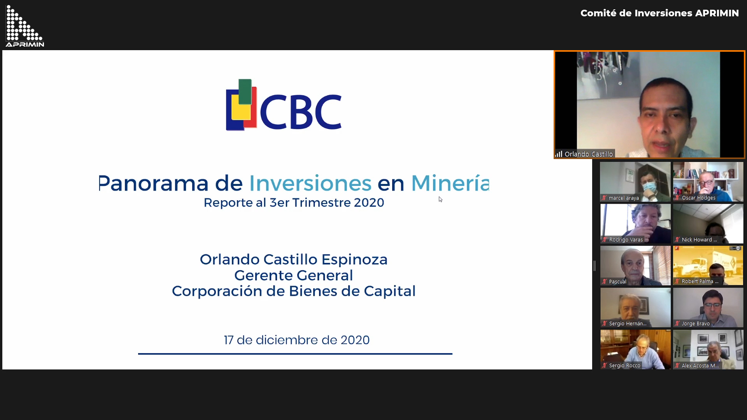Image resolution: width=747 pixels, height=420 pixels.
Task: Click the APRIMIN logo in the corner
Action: pos(25,26)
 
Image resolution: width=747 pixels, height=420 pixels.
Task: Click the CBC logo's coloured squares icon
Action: pos(241,105)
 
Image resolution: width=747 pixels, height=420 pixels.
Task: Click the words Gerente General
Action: pos(294,275)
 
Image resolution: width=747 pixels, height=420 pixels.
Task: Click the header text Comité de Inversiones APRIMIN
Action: pos(659,13)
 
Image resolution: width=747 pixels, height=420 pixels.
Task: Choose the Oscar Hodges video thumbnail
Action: pos(708,182)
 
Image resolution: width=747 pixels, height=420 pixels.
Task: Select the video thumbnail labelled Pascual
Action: pos(635,265)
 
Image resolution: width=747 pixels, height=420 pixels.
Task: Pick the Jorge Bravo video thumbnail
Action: pos(708,307)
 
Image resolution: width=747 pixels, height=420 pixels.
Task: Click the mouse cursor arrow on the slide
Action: pos(440,199)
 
